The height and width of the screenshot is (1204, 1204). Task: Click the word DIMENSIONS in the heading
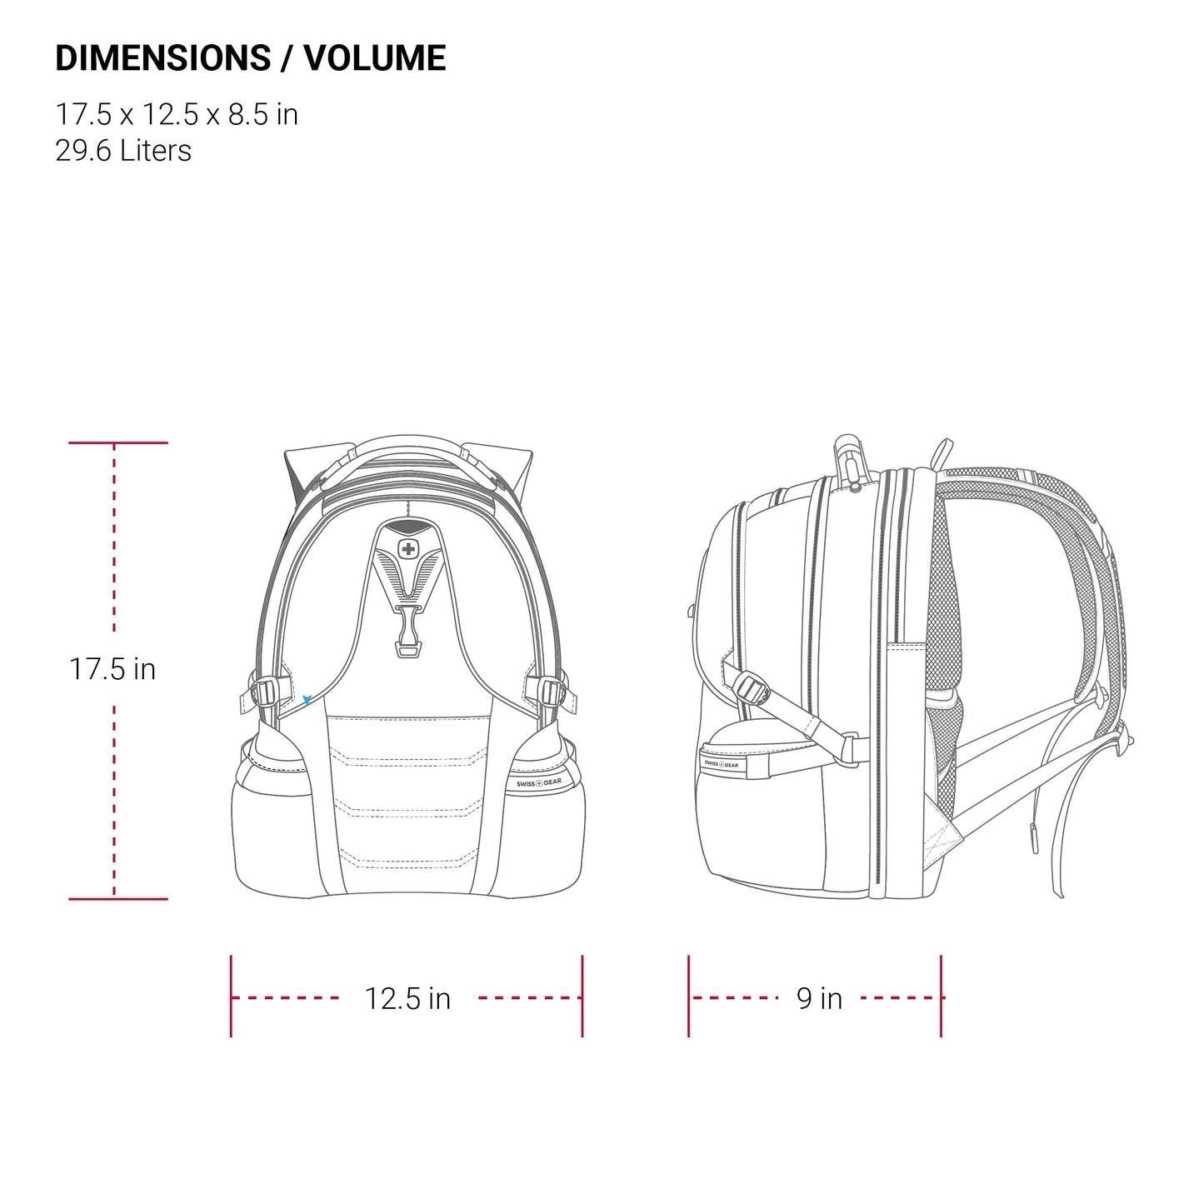(162, 58)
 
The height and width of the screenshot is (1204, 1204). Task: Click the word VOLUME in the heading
(375, 58)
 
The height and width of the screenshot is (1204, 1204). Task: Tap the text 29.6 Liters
(123, 151)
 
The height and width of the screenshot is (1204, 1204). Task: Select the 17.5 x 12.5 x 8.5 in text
(177, 114)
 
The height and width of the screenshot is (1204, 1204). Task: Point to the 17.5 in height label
(112, 669)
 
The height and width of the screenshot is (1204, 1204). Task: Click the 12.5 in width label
(407, 998)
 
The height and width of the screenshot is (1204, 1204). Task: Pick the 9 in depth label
(819, 998)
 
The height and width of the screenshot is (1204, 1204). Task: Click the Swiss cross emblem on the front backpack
(407, 549)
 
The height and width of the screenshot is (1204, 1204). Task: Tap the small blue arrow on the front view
(307, 701)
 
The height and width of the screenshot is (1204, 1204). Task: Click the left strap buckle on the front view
(265, 692)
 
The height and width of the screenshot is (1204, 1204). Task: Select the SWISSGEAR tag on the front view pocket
(539, 783)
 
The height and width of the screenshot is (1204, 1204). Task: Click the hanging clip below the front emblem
(407, 633)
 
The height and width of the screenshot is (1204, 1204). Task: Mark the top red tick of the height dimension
(117, 442)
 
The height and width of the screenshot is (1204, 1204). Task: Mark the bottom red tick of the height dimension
(117, 899)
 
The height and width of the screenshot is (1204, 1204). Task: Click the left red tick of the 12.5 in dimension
(231, 997)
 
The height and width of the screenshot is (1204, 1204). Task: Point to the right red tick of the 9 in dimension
(941, 997)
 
